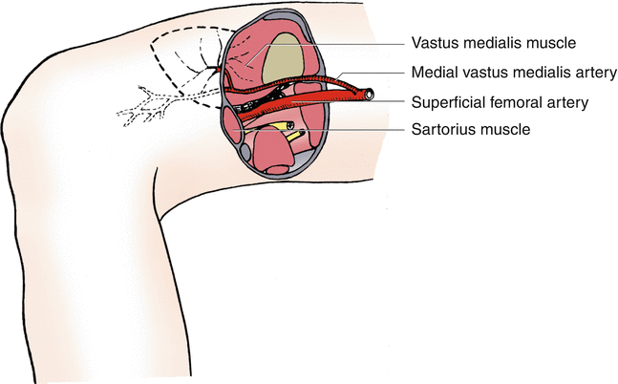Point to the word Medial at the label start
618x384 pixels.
(x=431, y=73)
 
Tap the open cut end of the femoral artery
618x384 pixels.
(x=369, y=94)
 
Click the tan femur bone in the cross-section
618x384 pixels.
(x=284, y=58)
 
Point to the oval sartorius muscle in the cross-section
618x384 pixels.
(x=232, y=126)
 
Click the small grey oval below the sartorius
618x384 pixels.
(x=245, y=152)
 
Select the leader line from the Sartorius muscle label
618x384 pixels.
(x=318, y=129)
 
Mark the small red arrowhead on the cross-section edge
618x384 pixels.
(x=218, y=70)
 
